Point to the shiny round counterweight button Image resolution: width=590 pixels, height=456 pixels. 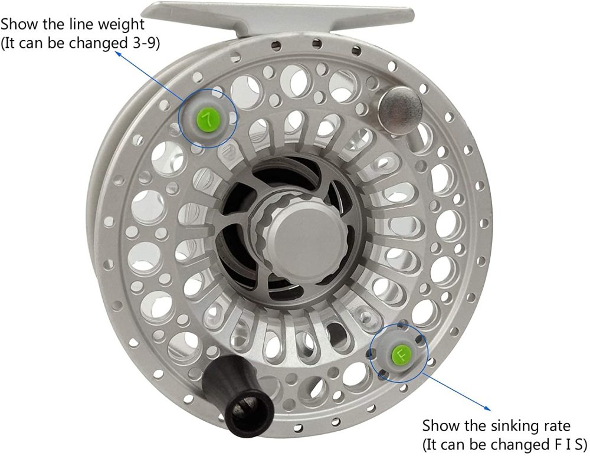400,107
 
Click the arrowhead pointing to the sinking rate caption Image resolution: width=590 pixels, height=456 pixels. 488,408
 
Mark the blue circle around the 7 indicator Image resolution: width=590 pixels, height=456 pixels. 181,118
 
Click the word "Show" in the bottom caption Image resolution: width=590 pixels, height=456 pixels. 439,425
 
